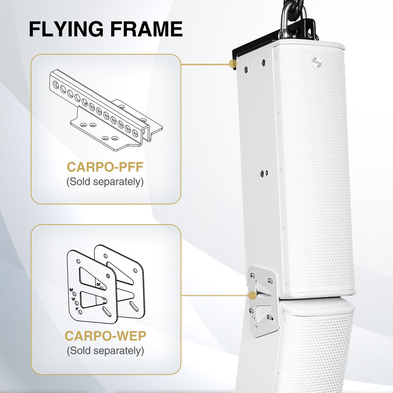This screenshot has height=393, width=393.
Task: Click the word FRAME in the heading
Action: point(147,30)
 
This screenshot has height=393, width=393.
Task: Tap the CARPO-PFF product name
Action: point(105,167)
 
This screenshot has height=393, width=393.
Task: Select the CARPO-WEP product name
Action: point(105,336)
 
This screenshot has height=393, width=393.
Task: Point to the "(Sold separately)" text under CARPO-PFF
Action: point(105,182)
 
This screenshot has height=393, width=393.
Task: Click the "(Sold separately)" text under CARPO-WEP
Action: point(105,350)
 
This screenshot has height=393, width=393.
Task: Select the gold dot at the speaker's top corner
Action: point(233,64)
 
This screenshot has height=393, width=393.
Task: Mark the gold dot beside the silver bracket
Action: point(252,296)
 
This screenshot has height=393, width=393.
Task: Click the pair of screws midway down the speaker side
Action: point(264,173)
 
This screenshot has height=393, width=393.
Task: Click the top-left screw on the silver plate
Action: point(253,275)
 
